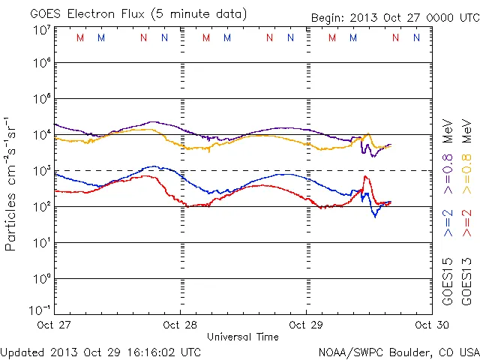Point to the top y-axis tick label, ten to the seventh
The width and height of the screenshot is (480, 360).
41,30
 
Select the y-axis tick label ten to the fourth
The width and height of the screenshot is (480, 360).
41,135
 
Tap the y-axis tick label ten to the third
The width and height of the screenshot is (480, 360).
41,171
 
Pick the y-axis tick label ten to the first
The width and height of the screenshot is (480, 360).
41,243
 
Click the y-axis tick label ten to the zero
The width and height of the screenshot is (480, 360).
41,279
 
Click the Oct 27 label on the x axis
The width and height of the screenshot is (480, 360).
55,325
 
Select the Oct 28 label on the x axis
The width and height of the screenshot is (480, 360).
181,325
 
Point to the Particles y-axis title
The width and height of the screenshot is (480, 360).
12,184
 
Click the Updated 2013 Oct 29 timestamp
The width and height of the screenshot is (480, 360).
100,352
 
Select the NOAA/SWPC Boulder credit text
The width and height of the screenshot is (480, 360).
398,352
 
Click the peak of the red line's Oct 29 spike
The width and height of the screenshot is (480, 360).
365,176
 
